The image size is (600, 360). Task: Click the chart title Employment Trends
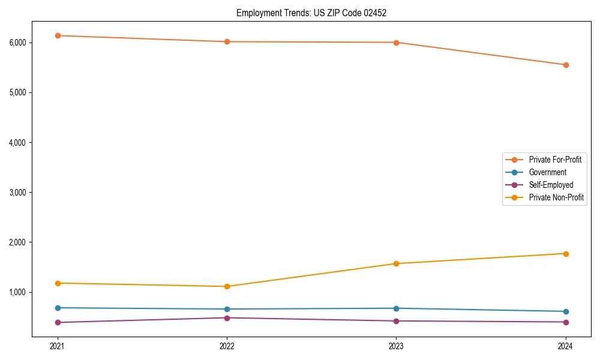coord(311,13)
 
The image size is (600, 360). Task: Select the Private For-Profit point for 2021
coord(58,35)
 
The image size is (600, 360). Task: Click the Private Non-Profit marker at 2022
coord(227,286)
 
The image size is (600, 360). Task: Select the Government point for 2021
coord(58,308)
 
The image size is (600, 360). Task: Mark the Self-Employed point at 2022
coord(227,317)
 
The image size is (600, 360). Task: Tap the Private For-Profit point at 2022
coord(227,41)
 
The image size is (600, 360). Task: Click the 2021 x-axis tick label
coord(58,346)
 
